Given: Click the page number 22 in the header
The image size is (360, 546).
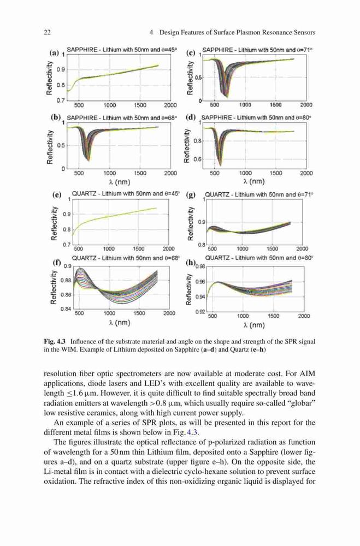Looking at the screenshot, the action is tap(48, 32).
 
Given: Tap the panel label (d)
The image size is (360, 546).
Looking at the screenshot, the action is tap(191, 117).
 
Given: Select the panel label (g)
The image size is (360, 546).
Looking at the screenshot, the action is tap(191, 195).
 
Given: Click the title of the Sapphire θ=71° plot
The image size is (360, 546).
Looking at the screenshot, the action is tap(257, 50).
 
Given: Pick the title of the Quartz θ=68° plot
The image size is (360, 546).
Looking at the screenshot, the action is tap(126, 258).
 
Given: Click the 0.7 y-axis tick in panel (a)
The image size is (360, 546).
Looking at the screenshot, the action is tap(61, 100).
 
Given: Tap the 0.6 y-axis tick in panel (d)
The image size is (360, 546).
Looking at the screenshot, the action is tap(198, 159).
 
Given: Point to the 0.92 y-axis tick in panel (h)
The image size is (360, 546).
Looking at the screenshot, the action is tap(200, 312).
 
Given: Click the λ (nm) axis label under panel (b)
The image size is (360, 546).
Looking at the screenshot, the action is tap(120, 182).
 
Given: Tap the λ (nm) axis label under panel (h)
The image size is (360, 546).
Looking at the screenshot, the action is tap(254, 325).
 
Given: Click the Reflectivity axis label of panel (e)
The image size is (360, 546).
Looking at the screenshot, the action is tap(54, 223).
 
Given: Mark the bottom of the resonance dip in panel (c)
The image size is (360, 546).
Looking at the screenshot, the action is tap(227, 96).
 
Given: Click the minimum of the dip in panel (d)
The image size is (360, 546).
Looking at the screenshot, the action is tap(220, 165).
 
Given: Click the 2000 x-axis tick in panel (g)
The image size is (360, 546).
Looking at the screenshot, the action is tap(302, 248).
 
